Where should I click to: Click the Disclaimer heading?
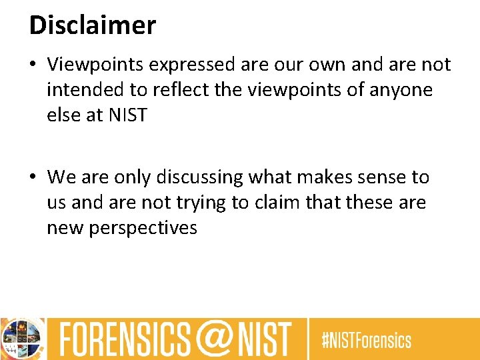pyautogui.click(x=93, y=25)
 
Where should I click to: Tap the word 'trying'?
pyautogui.click(x=202, y=203)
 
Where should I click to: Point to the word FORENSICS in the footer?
pyautogui.click(x=124, y=339)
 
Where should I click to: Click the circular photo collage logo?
pyautogui.click(x=22, y=339)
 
